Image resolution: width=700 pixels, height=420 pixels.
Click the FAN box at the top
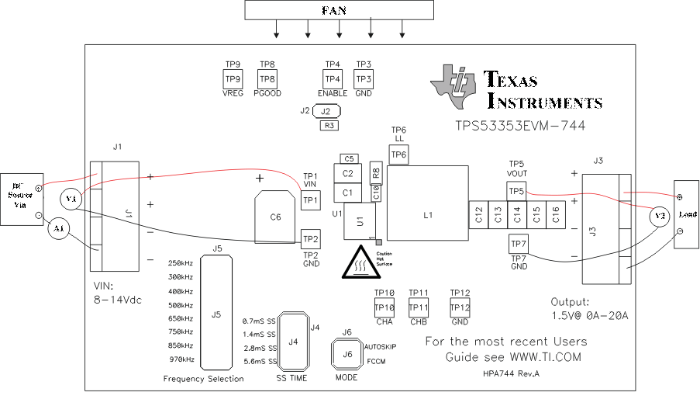340,10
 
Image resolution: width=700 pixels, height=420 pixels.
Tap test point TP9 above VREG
233,79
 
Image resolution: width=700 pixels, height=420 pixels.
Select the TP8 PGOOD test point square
267,79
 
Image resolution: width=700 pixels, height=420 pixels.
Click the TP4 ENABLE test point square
333,79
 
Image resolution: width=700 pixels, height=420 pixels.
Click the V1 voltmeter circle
72,199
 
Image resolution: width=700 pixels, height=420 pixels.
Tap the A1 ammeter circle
57,228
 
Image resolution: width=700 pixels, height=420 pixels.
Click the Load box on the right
687,214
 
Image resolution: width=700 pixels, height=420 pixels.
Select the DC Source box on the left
21,200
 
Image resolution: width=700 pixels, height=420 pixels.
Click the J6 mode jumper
347,355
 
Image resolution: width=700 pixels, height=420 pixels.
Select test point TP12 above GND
460,308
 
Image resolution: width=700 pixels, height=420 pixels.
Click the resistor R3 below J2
329,125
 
